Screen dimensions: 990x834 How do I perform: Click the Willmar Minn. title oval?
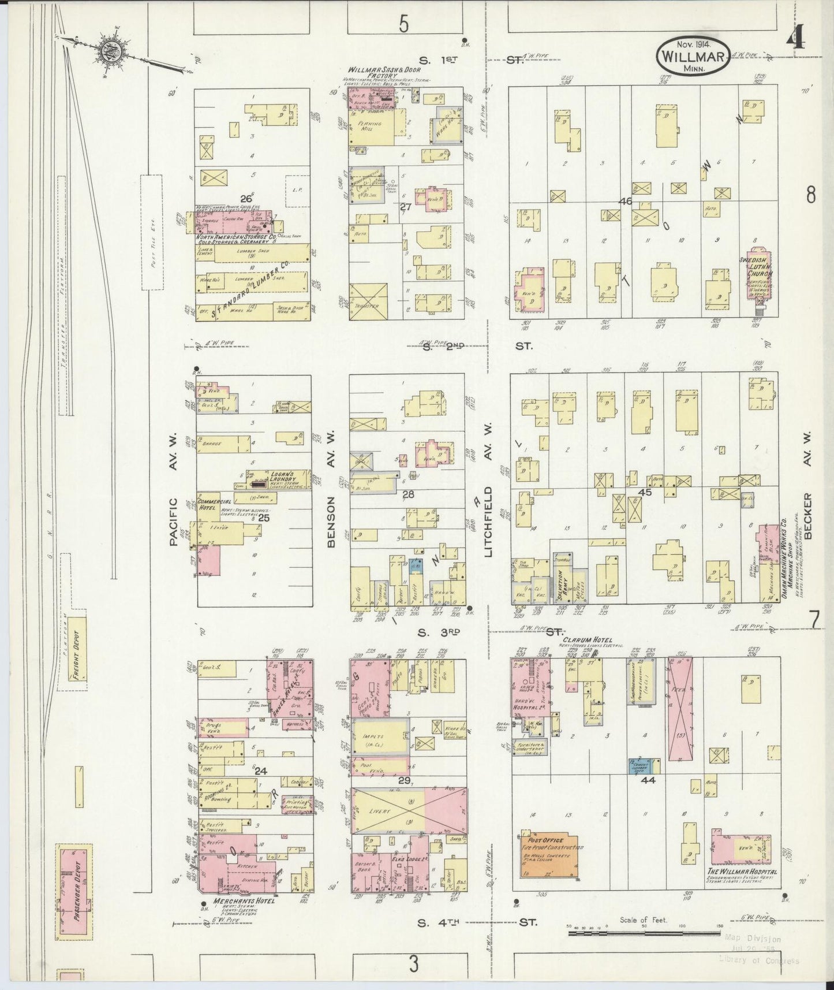pyautogui.click(x=693, y=55)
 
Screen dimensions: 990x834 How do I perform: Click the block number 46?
pyautogui.click(x=625, y=202)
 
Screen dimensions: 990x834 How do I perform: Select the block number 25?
pyautogui.click(x=264, y=518)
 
